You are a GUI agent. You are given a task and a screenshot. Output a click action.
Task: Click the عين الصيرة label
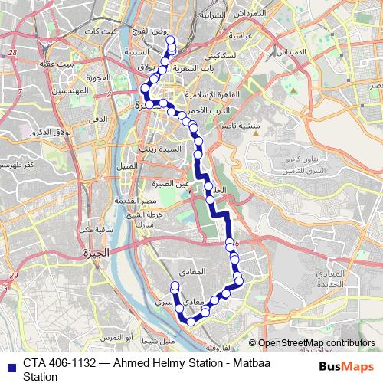pyautogui.click(x=171, y=183)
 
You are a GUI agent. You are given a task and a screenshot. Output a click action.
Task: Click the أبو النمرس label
pyautogui.click(x=119, y=337)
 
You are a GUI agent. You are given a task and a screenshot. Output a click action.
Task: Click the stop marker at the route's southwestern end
pyautogui.click(x=175, y=286)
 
